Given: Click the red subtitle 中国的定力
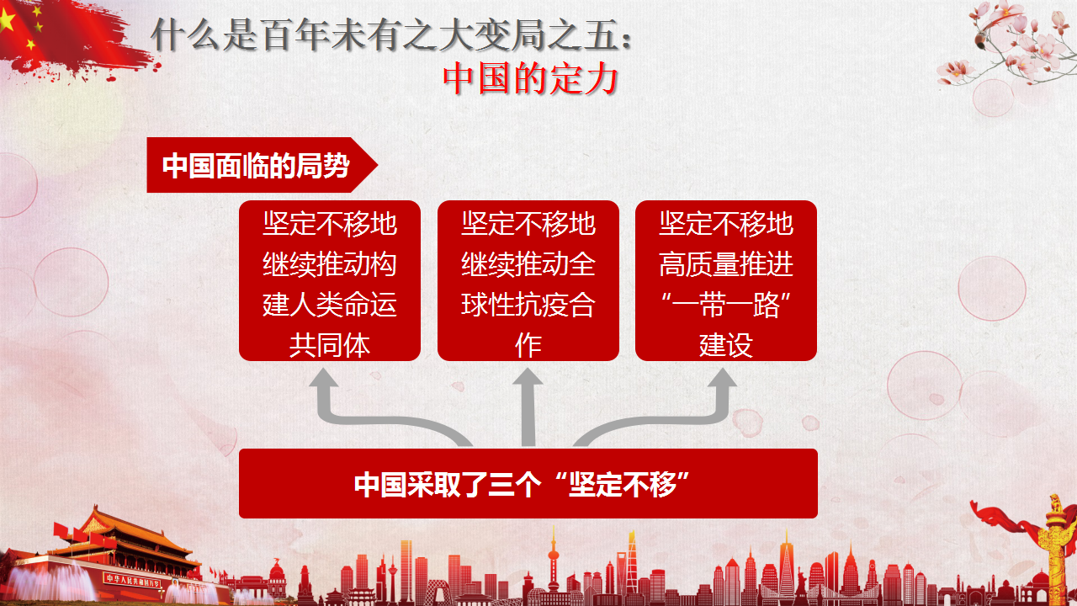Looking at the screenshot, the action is (x=530, y=79).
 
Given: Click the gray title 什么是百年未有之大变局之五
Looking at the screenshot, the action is (x=384, y=35).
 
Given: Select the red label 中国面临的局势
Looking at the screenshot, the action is (x=256, y=166).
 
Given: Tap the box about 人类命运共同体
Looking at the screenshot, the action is (x=330, y=280).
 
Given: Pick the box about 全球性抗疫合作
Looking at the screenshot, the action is (x=528, y=280).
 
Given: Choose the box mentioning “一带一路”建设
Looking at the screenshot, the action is (x=726, y=280).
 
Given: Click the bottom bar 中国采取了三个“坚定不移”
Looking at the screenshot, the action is (x=528, y=483).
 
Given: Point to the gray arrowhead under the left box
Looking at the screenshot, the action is (x=324, y=378).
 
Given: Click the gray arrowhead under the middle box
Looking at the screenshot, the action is (x=528, y=378).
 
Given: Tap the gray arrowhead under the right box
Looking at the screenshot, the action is (x=723, y=378).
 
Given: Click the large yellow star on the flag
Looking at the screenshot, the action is (x=6, y=20).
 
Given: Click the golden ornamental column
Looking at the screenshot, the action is (x=1056, y=548).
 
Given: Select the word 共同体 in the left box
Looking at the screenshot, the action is (x=330, y=345).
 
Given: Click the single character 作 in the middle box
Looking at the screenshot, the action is (x=528, y=345).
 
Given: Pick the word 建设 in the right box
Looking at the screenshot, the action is (x=726, y=345).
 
